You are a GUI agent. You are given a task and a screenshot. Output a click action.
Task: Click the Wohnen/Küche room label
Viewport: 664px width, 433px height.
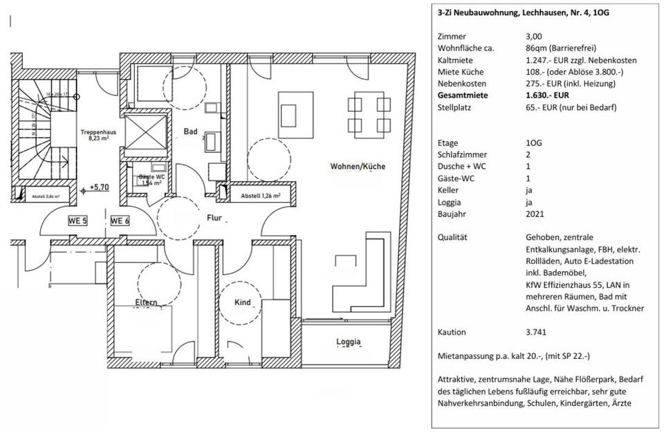[x=358, y=167]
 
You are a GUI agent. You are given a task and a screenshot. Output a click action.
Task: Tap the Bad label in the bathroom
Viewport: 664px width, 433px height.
[x=191, y=131]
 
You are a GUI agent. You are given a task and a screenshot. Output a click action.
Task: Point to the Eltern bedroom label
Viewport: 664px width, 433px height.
[x=147, y=302]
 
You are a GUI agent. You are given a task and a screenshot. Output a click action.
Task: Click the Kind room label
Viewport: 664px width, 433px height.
[x=243, y=303]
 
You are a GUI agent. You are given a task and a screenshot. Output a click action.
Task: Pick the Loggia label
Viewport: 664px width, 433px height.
[x=349, y=342]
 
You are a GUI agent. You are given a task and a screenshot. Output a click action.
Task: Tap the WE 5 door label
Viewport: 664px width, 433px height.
[x=77, y=221]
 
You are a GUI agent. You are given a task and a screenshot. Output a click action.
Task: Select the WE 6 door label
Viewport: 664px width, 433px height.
[x=120, y=221]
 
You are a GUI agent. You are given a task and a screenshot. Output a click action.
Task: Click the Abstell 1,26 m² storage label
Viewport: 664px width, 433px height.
[x=260, y=196]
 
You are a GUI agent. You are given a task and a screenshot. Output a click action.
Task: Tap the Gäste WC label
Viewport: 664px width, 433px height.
[x=150, y=180]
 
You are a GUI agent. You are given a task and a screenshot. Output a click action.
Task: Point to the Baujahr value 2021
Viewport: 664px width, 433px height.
[x=535, y=214]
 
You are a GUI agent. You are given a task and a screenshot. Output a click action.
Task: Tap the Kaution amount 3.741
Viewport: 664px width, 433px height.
[x=536, y=332]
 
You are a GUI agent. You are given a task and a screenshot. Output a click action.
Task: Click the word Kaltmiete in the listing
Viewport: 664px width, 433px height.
[x=456, y=60]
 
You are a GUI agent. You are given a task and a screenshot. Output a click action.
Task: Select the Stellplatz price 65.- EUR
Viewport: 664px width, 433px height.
[x=543, y=107]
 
